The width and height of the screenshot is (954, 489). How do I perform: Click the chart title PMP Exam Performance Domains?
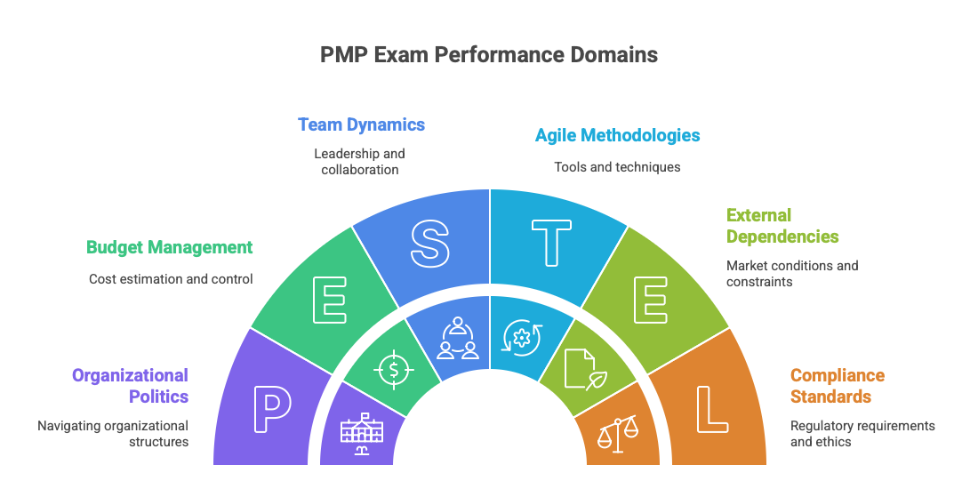pos(489,54)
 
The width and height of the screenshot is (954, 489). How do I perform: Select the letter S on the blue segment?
pos(429,242)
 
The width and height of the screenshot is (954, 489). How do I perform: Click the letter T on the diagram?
pos(551,242)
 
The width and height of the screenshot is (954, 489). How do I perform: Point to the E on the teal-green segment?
pos(329,301)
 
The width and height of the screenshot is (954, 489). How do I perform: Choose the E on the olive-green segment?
pos(650,301)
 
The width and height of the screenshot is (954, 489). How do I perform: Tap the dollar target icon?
pos(393,369)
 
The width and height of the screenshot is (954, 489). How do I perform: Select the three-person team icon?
pos(457,338)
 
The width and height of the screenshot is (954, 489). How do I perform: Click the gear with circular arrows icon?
pos(522,338)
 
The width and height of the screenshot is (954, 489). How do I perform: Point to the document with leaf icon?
pos(582,367)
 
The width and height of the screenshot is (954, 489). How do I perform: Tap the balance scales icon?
pos(618,431)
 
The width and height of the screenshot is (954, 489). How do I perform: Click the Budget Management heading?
pos(169,247)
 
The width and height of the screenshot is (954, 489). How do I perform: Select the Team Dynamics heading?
pos(361,124)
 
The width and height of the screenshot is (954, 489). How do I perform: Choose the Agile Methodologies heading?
pos(617,135)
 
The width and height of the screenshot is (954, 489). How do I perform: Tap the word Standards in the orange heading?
pos(830,397)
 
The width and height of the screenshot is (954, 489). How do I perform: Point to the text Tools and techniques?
pos(617,166)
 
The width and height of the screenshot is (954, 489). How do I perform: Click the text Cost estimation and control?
pos(171,278)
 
